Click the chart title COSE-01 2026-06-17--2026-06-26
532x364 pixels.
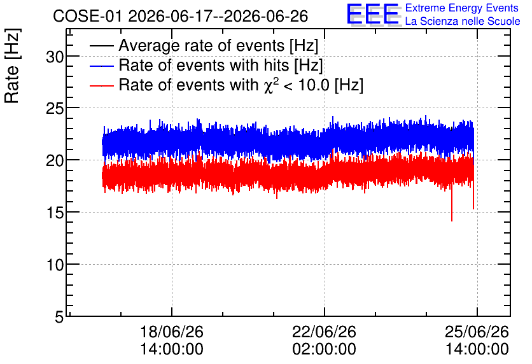[180, 16]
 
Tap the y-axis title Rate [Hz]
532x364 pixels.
[12, 66]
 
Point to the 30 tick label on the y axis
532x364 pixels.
[55, 57]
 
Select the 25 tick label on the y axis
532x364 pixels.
[55, 109]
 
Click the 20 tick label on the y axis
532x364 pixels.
[55, 160]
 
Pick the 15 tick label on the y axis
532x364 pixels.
[55, 213]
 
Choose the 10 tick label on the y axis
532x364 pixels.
[55, 265]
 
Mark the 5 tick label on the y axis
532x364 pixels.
[59, 317]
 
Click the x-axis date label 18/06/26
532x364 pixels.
[172, 332]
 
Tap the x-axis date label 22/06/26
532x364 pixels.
[325, 332]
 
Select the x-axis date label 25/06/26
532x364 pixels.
[477, 332]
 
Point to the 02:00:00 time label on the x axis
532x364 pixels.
[325, 349]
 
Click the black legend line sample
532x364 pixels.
[101, 46]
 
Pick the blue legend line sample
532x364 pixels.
[101, 66]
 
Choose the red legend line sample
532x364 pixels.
[101, 85]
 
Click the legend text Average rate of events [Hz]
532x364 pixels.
[218, 45]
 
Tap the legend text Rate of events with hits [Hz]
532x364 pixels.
[221, 65]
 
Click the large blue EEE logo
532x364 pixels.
[372, 14]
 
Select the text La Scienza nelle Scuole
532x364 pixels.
[463, 21]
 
